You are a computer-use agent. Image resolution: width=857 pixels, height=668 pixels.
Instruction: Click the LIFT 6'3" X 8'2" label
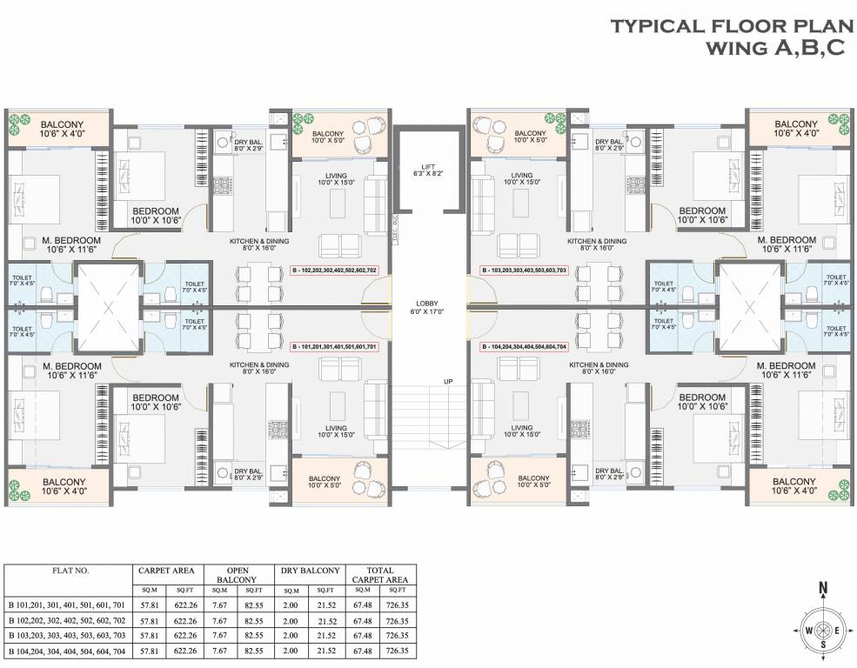(x=426, y=170)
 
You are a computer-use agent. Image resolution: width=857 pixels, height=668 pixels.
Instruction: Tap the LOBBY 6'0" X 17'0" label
(x=426, y=307)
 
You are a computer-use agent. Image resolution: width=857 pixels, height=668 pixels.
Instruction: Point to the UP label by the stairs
(x=447, y=382)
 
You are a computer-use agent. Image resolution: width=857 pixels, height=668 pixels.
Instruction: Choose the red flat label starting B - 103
(x=524, y=271)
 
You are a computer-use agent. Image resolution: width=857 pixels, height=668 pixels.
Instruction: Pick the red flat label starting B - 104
(x=524, y=346)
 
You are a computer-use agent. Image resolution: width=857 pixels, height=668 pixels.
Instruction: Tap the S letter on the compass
(x=822, y=645)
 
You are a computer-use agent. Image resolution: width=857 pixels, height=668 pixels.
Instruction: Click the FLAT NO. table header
(x=68, y=571)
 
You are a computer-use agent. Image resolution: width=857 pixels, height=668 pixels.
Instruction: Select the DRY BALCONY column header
(x=309, y=571)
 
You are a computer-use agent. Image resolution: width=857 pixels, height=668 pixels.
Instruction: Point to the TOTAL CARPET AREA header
(x=379, y=575)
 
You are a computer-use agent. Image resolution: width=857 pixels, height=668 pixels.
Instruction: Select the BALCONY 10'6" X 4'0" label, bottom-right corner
(x=794, y=486)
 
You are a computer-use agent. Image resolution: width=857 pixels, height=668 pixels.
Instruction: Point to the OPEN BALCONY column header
(x=238, y=575)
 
